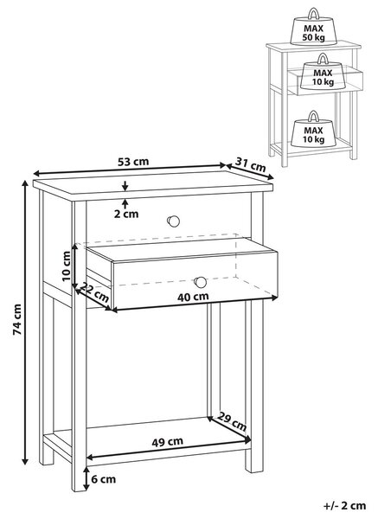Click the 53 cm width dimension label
(133, 162)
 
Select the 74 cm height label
(17, 319)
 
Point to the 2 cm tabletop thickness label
(126, 214)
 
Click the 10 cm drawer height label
(67, 266)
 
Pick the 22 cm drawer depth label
(95, 292)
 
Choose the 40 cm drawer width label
(193, 297)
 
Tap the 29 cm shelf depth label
(232, 421)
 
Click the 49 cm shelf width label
(167, 441)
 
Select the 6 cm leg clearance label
(103, 479)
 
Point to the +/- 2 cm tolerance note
(344, 505)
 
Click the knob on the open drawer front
(200, 282)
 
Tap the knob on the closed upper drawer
(173, 221)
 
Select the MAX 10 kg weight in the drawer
(324, 72)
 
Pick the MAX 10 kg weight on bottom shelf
(313, 130)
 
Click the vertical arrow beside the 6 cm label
(86, 478)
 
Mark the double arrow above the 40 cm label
(195, 304)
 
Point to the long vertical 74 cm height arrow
(25, 323)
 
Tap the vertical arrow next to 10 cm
(75, 266)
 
